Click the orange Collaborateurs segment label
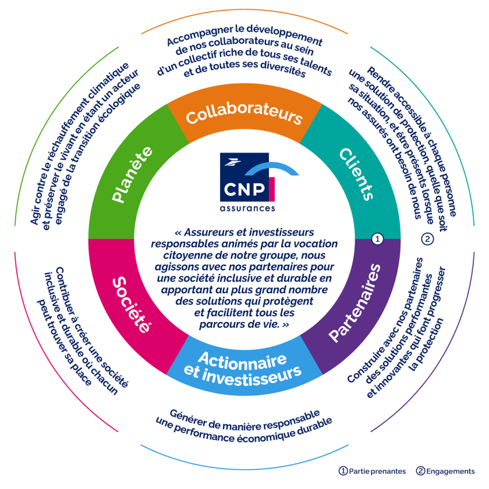[x=245, y=115]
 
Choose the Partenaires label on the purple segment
[x=355, y=303]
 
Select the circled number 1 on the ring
[x=377, y=239]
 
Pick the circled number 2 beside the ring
[x=427, y=239]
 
